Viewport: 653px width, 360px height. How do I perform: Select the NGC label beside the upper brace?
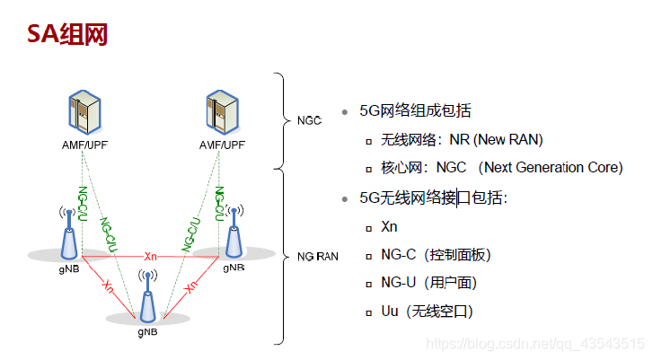(309, 119)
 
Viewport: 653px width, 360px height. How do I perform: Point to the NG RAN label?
(317, 257)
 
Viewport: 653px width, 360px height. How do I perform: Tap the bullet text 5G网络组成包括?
(415, 111)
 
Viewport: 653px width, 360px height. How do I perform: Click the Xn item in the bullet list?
(389, 226)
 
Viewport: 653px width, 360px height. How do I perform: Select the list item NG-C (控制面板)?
(436, 255)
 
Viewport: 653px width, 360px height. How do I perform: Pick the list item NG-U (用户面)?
(428, 283)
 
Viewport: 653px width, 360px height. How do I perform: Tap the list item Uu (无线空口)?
(427, 311)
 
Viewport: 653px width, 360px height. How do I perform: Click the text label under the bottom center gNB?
(148, 331)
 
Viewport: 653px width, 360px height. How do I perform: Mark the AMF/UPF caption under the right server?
(222, 144)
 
